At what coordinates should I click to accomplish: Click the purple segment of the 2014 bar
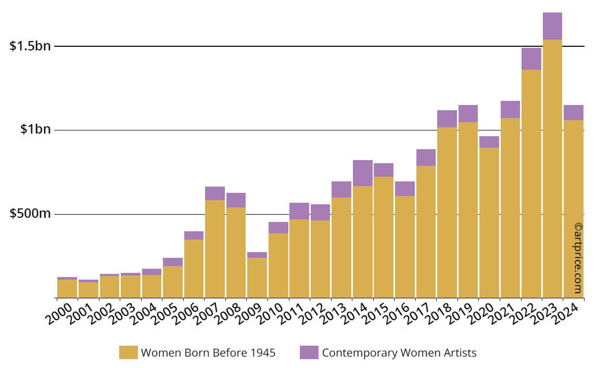(362, 173)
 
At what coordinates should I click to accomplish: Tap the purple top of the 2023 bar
(552, 26)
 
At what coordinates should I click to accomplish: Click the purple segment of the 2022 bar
(531, 59)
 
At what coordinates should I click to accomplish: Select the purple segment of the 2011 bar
(299, 211)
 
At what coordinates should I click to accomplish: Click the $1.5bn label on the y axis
(31, 46)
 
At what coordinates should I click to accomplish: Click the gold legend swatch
(128, 352)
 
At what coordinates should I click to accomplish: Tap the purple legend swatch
(309, 352)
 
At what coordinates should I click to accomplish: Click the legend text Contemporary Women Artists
(399, 352)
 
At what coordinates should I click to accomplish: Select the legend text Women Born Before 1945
(208, 352)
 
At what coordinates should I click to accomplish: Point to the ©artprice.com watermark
(578, 258)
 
